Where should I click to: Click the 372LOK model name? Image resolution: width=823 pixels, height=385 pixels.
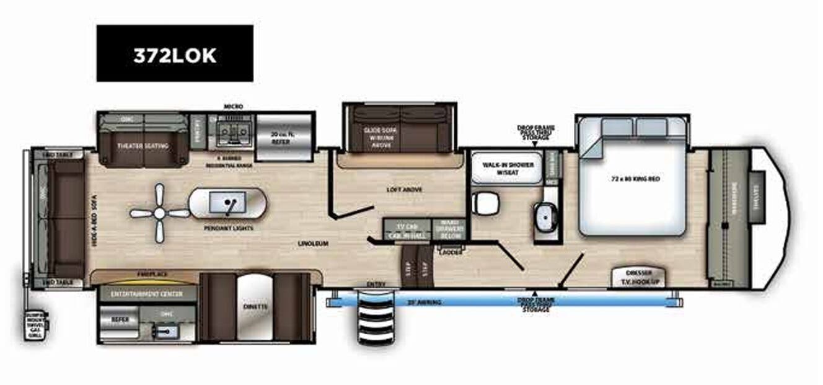tap(175, 55)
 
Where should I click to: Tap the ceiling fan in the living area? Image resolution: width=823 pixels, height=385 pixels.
tap(160, 213)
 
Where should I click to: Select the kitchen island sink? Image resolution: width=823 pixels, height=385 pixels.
tap(227, 203)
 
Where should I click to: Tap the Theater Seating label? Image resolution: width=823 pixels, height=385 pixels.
tap(143, 146)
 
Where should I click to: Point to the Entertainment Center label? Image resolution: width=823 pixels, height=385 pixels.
tap(146, 293)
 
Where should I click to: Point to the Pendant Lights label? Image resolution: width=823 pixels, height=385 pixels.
tap(224, 228)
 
